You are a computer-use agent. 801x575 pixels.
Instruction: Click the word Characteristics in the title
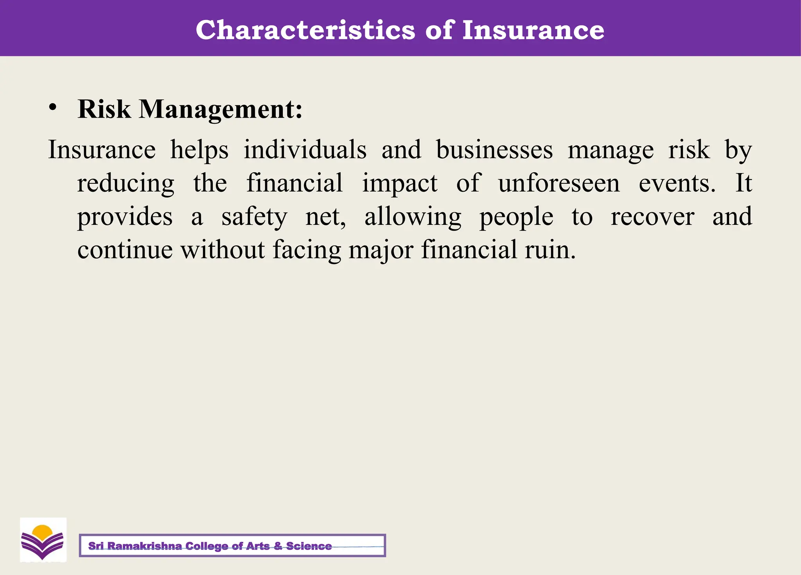(305, 30)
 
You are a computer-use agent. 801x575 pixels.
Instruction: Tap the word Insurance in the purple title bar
(533, 30)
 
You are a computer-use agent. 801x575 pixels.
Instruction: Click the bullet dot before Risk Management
(53, 107)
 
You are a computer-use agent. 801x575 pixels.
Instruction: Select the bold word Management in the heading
(221, 109)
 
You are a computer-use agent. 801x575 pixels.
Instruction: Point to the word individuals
(305, 150)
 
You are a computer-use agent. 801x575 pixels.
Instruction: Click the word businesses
(494, 150)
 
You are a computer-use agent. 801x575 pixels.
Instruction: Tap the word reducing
(126, 184)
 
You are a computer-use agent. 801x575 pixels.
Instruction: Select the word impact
(400, 184)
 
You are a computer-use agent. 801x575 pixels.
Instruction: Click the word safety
(254, 217)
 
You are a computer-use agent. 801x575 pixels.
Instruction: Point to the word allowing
(413, 217)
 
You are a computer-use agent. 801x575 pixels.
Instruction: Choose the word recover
(652, 217)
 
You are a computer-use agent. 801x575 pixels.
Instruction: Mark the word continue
(125, 250)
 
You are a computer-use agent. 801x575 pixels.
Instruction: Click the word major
(381, 251)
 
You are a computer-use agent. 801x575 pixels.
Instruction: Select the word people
(516, 218)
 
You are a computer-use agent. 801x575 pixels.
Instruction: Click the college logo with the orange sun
(43, 540)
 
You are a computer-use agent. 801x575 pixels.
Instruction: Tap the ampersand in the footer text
(278, 546)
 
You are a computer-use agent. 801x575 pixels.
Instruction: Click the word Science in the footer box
(309, 546)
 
